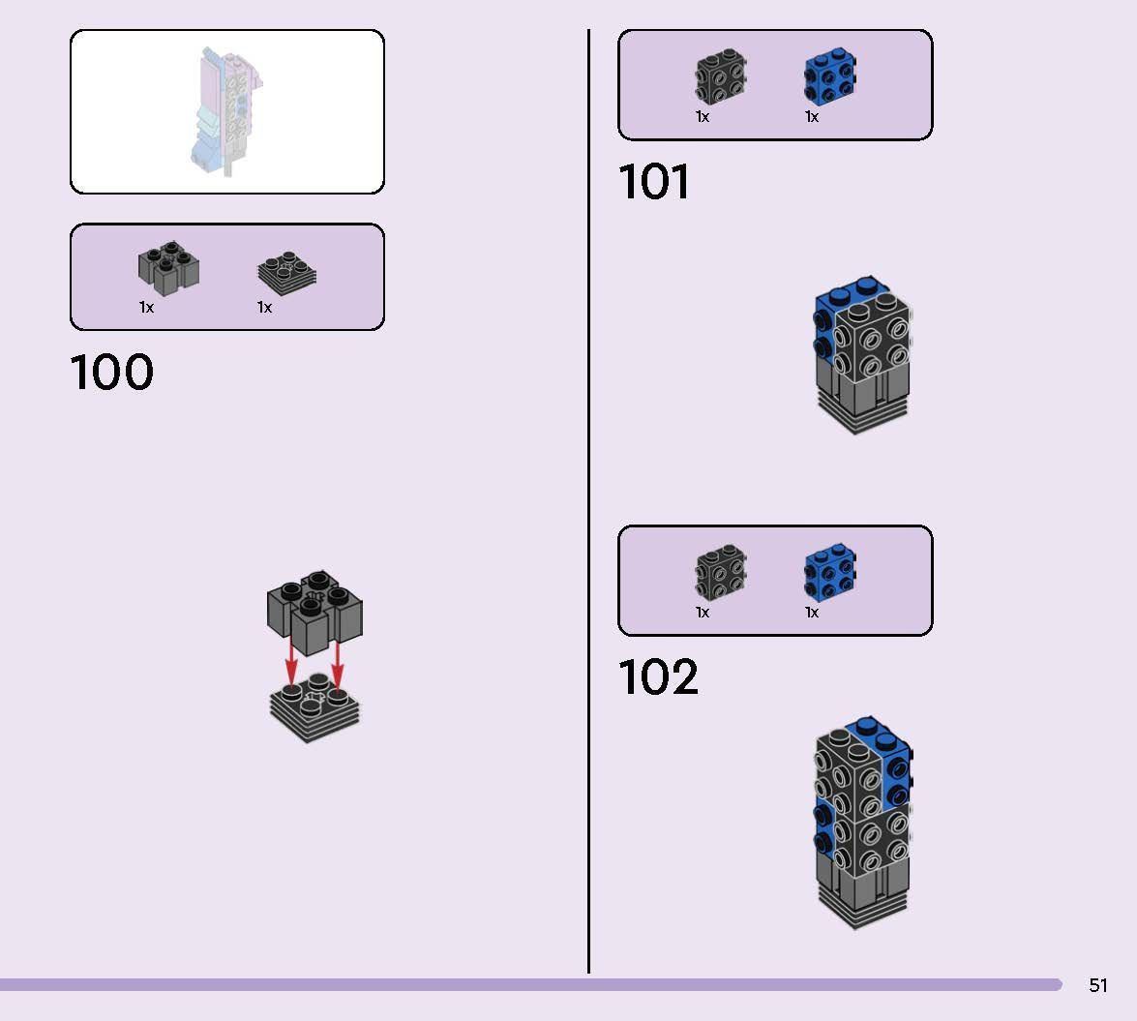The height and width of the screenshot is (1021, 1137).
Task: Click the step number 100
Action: pos(111,374)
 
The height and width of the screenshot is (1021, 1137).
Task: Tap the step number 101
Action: pos(654,183)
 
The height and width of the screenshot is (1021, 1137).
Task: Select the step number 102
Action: pos(658,678)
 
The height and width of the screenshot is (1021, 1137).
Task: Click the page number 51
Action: pos(1097,985)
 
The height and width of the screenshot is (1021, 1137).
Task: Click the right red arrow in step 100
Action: pos(337,664)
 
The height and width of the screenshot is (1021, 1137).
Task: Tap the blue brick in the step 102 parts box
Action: pos(831,574)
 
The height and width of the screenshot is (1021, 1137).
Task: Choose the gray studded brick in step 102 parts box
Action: pos(720,574)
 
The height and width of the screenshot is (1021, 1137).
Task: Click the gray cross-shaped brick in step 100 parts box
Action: pos(168,268)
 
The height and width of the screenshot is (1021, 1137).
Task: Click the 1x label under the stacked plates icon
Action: pos(264,308)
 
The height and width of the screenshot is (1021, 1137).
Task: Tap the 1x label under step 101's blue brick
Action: pos(811,117)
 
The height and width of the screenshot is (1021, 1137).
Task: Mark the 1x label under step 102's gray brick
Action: pos(703,613)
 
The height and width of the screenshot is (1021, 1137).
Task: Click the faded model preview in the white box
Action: pos(224,111)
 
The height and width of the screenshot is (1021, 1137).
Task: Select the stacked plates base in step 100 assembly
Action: pos(314,711)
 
